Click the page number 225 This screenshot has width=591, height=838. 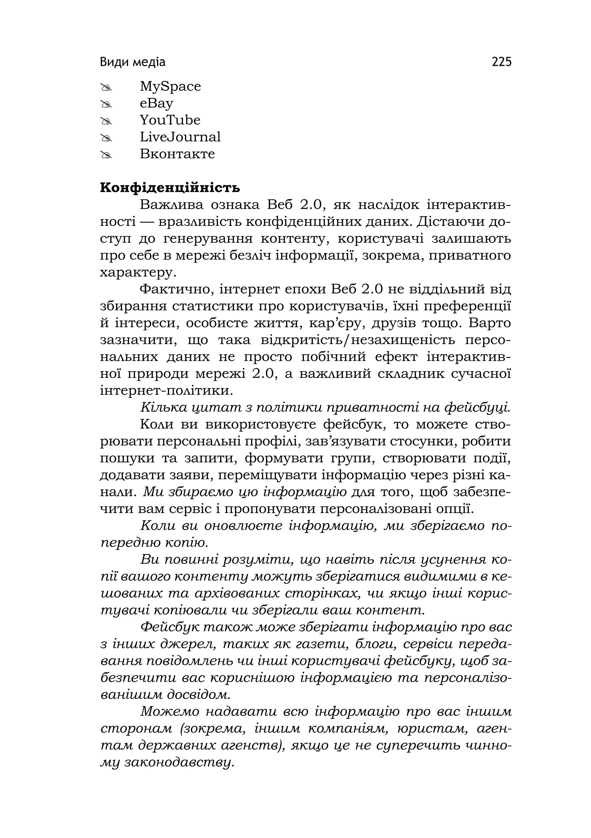502,62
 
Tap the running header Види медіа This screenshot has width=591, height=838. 132,62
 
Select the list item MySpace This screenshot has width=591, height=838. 170,87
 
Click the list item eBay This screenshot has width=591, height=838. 156,103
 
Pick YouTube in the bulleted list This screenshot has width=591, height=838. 170,120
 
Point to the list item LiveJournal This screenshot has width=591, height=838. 180,137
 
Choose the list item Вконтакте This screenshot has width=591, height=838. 177,154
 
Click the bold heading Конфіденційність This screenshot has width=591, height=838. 170,188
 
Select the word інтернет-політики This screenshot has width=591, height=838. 167,390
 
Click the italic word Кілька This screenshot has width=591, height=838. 163,407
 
